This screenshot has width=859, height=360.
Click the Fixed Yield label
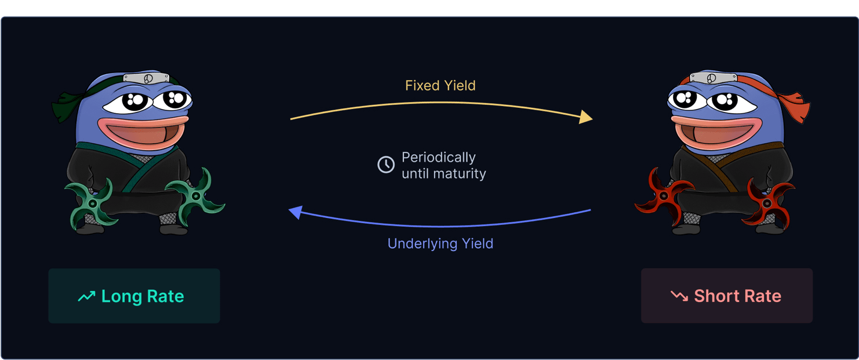click(441, 85)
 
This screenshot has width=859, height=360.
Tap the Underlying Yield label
click(441, 244)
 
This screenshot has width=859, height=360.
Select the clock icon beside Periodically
click(386, 165)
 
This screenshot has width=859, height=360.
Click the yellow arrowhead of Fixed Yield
click(585, 117)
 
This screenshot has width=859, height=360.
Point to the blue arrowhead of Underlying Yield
click(296, 212)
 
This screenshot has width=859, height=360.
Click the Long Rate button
click(134, 296)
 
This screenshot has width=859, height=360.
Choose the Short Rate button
click(727, 296)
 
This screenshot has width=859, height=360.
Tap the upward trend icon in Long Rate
click(87, 296)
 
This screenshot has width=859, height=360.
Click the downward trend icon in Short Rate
click(679, 296)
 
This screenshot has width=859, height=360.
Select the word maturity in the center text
click(460, 174)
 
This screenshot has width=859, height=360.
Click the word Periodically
click(439, 158)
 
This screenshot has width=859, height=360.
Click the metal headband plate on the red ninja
click(714, 78)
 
